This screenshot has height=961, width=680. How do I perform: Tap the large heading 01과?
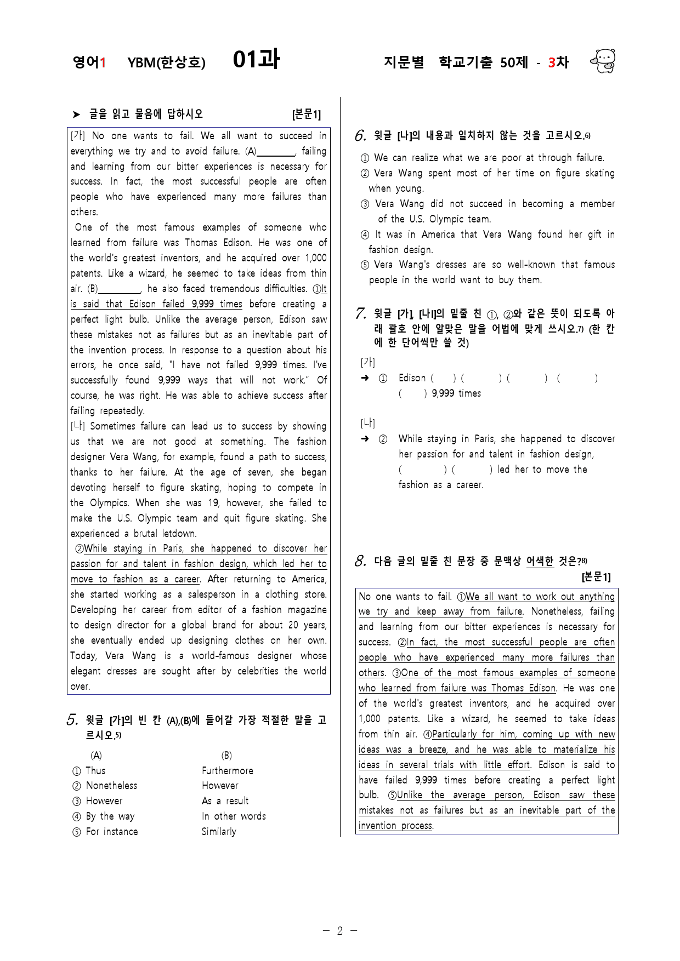click(x=256, y=59)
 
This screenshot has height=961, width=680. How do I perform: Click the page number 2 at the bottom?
click(x=339, y=930)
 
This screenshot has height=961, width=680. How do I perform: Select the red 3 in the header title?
click(x=552, y=62)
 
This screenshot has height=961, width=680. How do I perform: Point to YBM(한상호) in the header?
click(x=166, y=62)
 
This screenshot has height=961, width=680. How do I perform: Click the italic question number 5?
click(x=72, y=720)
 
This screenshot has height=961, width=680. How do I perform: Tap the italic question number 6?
click(x=360, y=135)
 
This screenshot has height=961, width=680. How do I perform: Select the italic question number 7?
click(x=360, y=313)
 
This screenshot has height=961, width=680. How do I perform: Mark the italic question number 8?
click(x=360, y=560)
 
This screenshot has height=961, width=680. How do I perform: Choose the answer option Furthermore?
click(x=228, y=770)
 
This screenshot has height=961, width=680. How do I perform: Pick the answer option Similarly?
click(x=219, y=832)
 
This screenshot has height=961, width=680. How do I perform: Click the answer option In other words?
click(x=234, y=816)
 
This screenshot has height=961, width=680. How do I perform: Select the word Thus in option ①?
click(x=95, y=770)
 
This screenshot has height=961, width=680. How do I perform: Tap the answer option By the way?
click(x=110, y=816)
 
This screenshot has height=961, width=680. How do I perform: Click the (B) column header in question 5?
click(x=226, y=756)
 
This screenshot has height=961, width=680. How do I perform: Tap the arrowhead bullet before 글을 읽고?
click(x=76, y=114)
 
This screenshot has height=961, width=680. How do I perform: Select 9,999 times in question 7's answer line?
click(x=456, y=393)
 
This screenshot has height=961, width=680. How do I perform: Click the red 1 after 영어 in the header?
click(x=103, y=62)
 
